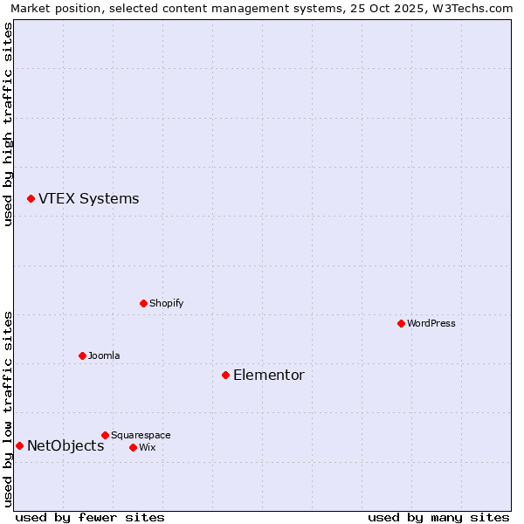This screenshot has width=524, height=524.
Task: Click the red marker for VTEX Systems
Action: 31,199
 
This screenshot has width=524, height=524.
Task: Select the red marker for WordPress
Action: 401,323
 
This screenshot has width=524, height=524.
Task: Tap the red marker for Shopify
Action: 143,303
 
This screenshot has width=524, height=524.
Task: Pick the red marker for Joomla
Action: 82,355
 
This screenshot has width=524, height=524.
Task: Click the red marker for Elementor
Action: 225,375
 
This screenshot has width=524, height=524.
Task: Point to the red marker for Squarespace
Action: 105,435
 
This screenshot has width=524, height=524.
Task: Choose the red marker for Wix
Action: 133,447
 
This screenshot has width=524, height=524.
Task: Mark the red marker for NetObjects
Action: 19,445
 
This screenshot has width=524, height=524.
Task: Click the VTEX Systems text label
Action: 88,199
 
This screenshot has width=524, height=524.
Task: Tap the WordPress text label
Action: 431,323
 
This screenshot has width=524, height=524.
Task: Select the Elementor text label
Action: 269,376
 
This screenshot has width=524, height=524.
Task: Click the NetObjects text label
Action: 65,446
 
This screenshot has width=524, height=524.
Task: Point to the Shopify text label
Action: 167,303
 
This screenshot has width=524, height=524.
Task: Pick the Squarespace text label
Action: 141,435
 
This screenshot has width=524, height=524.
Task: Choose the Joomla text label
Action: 104,355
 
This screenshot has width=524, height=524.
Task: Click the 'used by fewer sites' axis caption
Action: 90,517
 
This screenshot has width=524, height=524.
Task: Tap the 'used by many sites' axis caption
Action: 438,517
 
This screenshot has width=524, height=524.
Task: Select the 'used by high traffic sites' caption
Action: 9,124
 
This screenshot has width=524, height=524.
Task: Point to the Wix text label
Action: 147,447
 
